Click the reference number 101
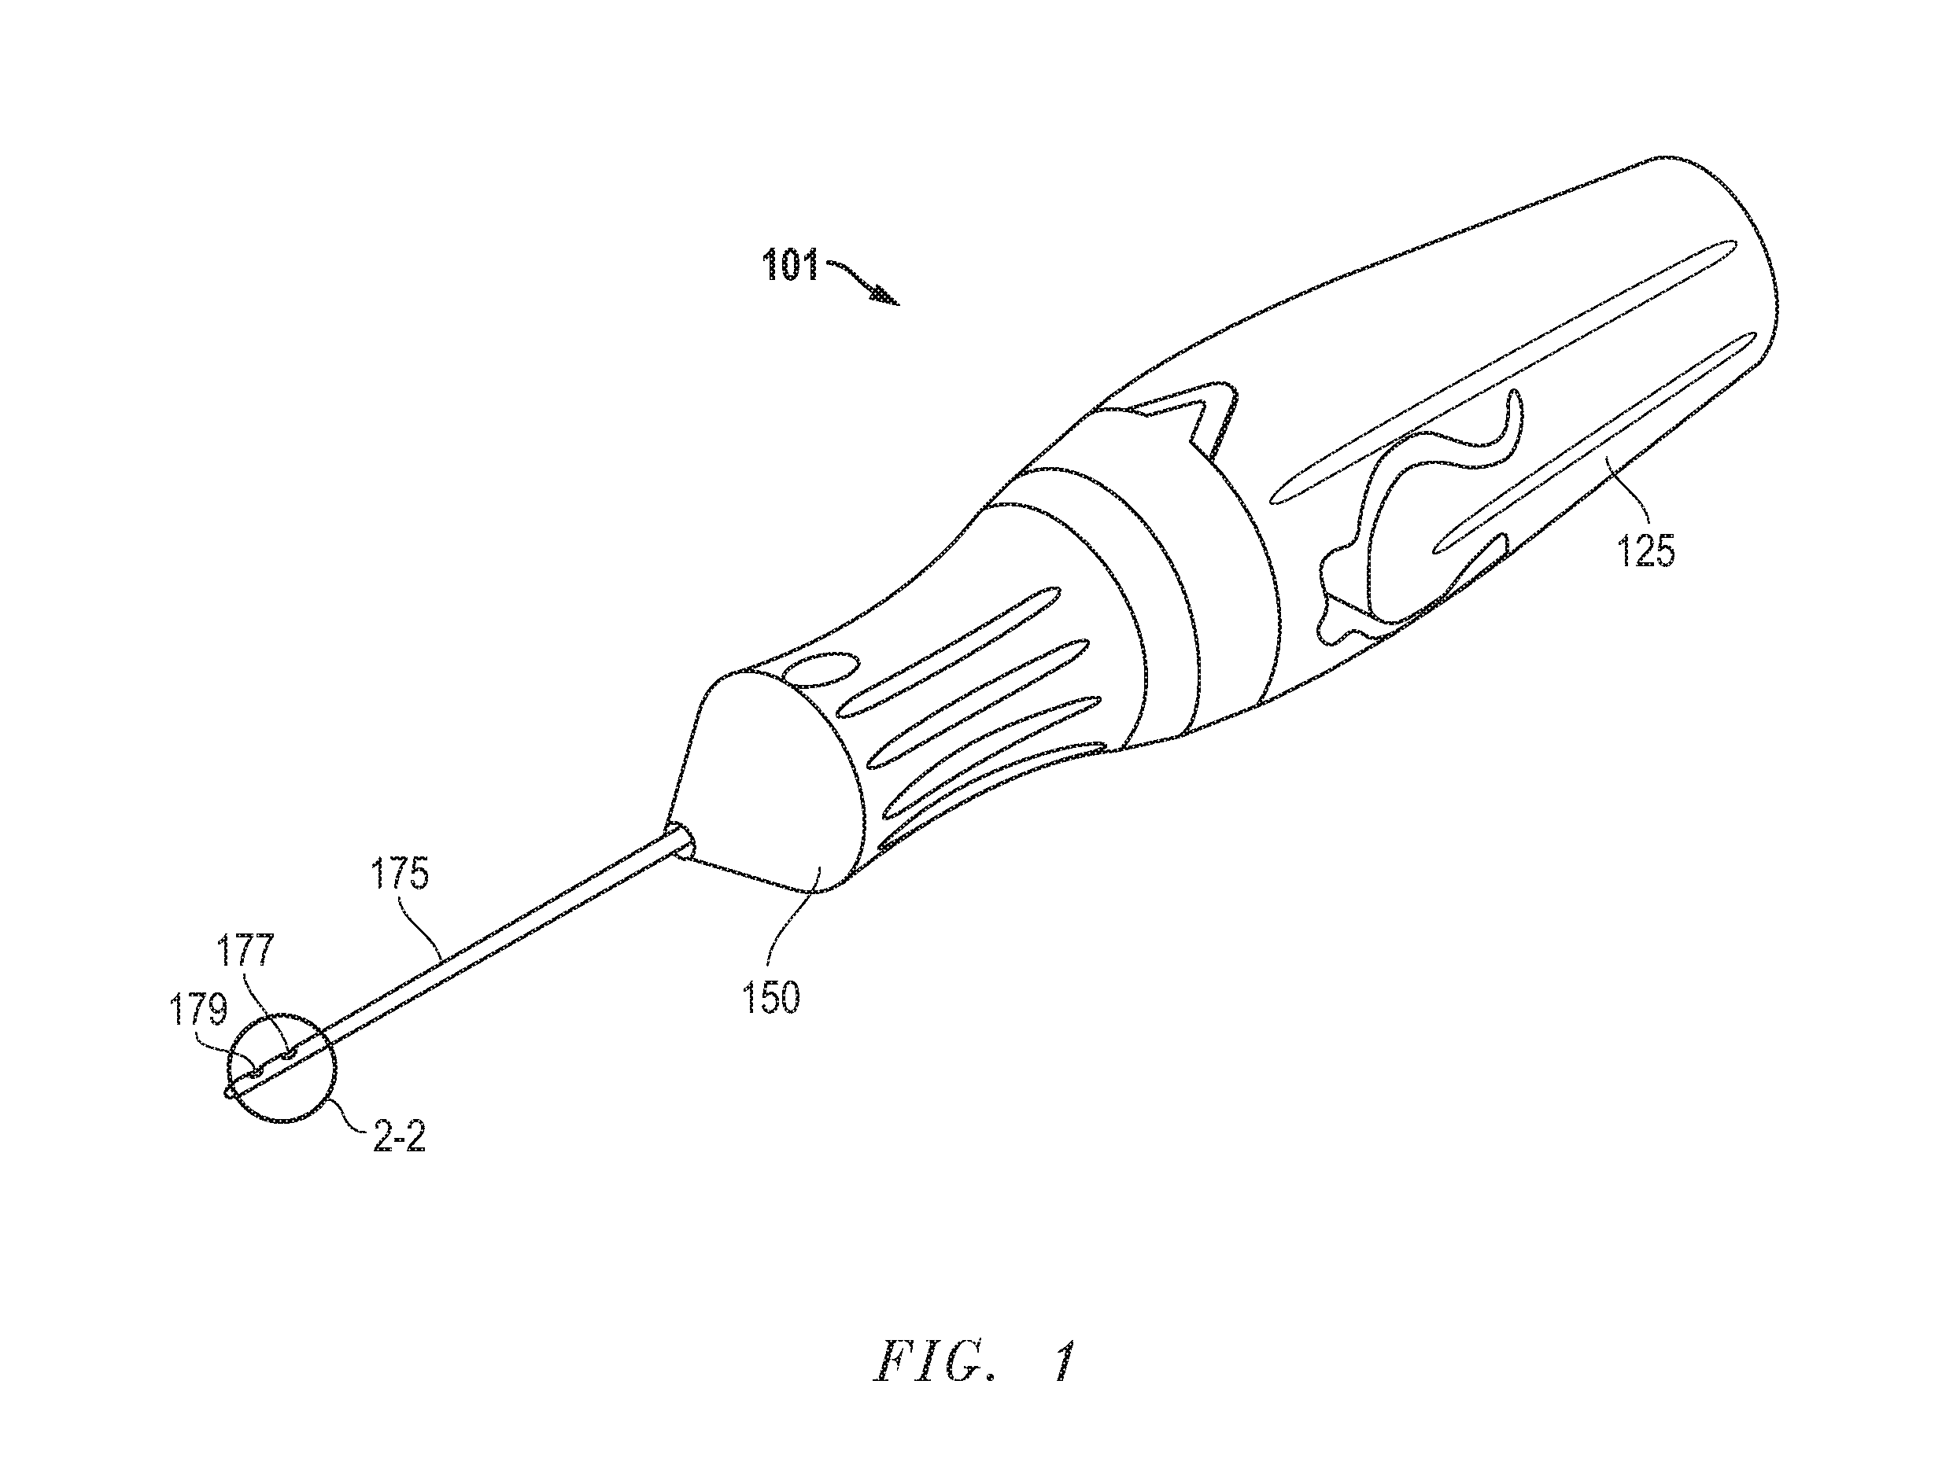coord(789,264)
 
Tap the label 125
coord(1646,552)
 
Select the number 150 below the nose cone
coord(772,999)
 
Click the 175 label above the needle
coord(400,875)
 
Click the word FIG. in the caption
coord(936,1363)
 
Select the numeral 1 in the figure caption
coord(1063,1363)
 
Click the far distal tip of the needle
coord(228,1093)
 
